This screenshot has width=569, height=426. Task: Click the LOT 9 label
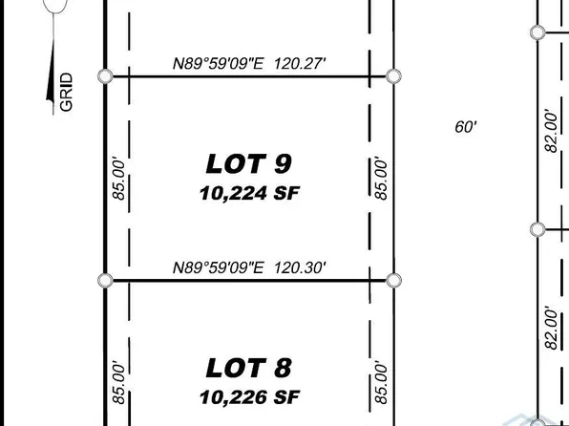(x=249, y=162)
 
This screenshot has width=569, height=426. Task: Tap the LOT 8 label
(x=249, y=367)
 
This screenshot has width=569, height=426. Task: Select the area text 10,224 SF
(x=249, y=193)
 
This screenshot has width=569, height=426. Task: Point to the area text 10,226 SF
(x=249, y=394)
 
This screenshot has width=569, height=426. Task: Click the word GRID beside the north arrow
(x=67, y=93)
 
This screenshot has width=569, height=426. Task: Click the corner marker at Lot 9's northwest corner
(x=105, y=75)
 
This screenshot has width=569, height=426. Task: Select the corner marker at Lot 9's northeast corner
(x=392, y=75)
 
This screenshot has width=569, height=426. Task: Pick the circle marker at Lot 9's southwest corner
(x=105, y=280)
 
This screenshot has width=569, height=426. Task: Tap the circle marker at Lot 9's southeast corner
(x=392, y=280)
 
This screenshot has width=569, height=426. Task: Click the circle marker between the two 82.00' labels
(x=537, y=229)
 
